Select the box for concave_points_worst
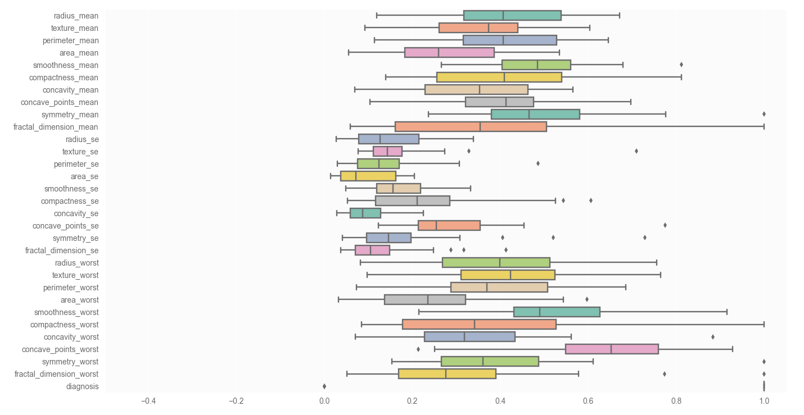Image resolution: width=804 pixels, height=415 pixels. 612,349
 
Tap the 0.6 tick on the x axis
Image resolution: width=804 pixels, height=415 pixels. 588,402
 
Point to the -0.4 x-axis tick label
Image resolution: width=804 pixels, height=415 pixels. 148,402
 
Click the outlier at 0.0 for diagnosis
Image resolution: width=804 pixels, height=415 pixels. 324,386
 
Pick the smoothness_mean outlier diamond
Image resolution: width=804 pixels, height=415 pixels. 681,65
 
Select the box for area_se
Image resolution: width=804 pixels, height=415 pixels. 368,176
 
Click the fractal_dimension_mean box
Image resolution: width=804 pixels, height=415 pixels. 471,127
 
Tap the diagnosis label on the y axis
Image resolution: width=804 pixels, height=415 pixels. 82,386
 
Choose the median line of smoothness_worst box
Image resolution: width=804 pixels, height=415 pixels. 540,312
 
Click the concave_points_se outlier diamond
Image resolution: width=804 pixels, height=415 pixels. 665,226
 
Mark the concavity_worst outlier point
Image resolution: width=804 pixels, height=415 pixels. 713,337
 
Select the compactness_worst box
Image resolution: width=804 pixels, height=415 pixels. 479,325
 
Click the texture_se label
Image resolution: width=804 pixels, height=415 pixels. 80,152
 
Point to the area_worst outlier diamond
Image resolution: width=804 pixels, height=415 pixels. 587,300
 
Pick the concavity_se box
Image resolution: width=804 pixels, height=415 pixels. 365,213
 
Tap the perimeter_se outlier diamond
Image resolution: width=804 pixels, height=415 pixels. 538,164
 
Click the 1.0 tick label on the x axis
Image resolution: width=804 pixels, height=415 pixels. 764,402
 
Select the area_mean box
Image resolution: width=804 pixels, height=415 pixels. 449,53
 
